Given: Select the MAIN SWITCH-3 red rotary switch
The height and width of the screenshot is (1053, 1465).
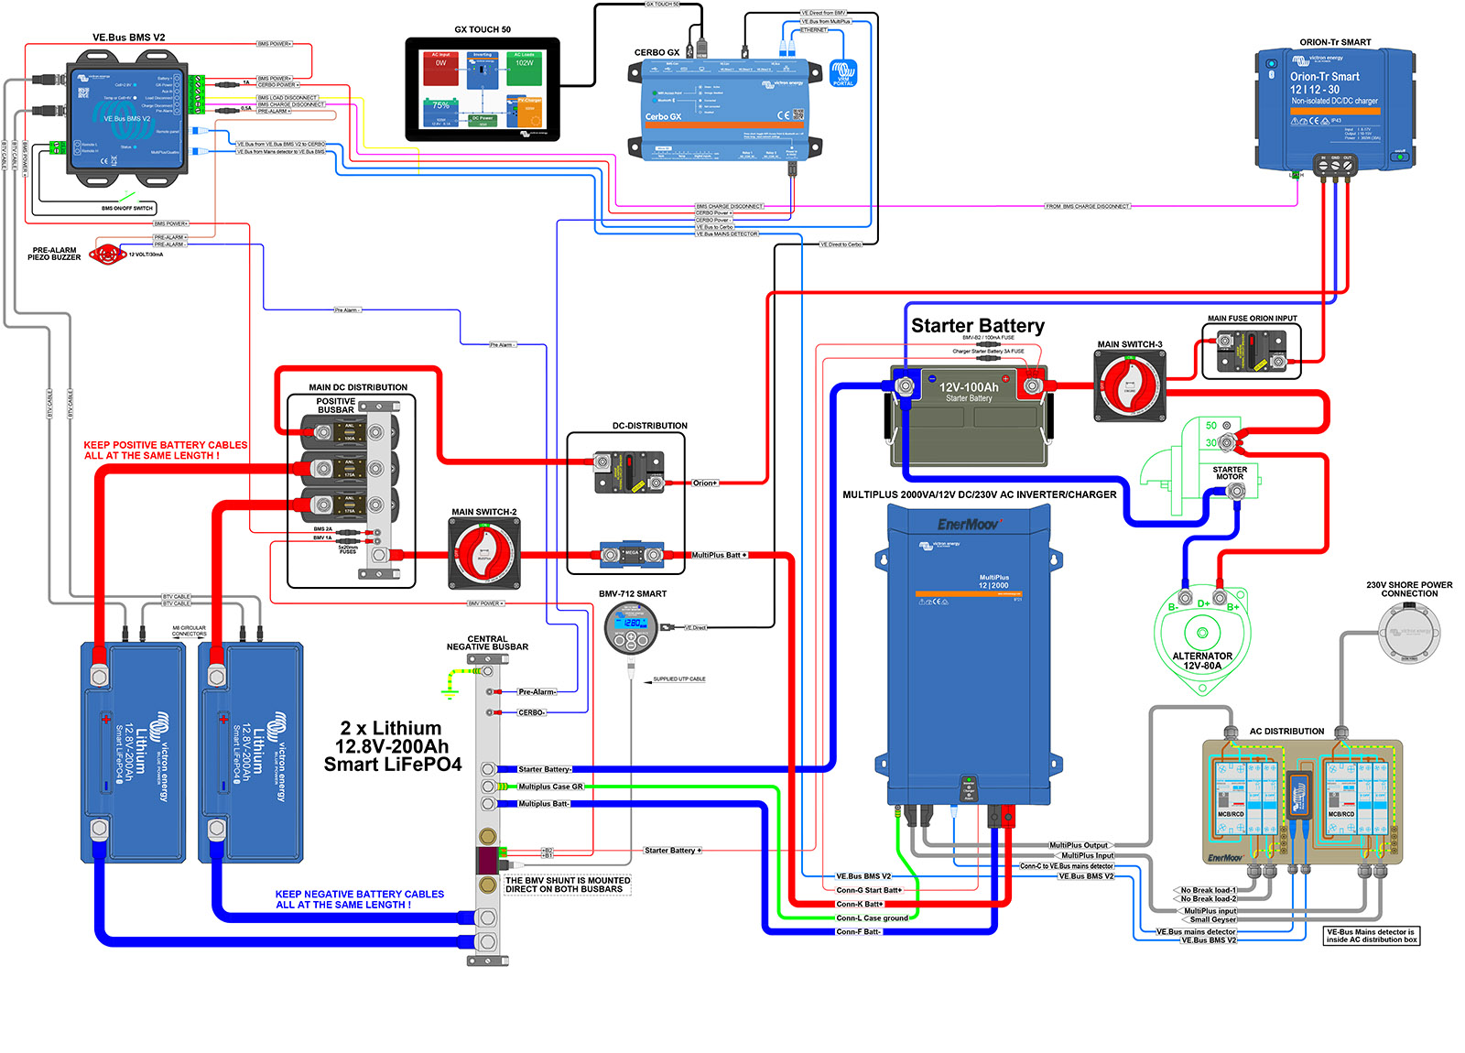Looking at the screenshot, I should (1129, 386).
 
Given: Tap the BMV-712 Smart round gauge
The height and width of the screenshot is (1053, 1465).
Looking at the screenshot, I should (632, 628).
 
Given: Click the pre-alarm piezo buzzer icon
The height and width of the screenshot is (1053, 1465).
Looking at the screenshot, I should (107, 254).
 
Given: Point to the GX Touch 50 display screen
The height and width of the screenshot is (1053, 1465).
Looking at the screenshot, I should (483, 89).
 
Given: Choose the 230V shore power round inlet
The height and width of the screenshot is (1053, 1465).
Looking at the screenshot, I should (1409, 632).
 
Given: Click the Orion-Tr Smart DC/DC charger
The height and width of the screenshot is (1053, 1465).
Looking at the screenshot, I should (1334, 110).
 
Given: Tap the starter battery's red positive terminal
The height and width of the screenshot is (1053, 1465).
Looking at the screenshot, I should (1031, 385).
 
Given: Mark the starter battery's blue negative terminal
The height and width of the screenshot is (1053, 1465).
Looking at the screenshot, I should (906, 385).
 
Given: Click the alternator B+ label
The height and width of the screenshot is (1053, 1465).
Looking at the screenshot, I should (1232, 607).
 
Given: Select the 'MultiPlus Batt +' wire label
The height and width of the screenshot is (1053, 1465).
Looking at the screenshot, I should (719, 555).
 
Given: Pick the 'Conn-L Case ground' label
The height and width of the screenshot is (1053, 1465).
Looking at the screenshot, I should (872, 917).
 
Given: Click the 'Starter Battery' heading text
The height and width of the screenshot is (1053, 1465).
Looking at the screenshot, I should (977, 326).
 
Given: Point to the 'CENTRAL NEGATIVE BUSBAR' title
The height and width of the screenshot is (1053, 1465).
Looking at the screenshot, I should (487, 643).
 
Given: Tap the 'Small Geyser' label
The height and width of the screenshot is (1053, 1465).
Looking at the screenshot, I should (1212, 919).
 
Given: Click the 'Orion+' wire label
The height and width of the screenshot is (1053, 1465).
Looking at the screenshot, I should (704, 483).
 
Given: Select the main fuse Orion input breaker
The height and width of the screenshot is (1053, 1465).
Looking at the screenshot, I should (1251, 352).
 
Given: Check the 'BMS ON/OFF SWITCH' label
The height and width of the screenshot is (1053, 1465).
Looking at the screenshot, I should (126, 209).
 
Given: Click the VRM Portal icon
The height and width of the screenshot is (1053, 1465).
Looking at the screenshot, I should (842, 72).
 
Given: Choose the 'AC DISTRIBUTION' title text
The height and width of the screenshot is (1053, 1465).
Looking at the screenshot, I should (1286, 731).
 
